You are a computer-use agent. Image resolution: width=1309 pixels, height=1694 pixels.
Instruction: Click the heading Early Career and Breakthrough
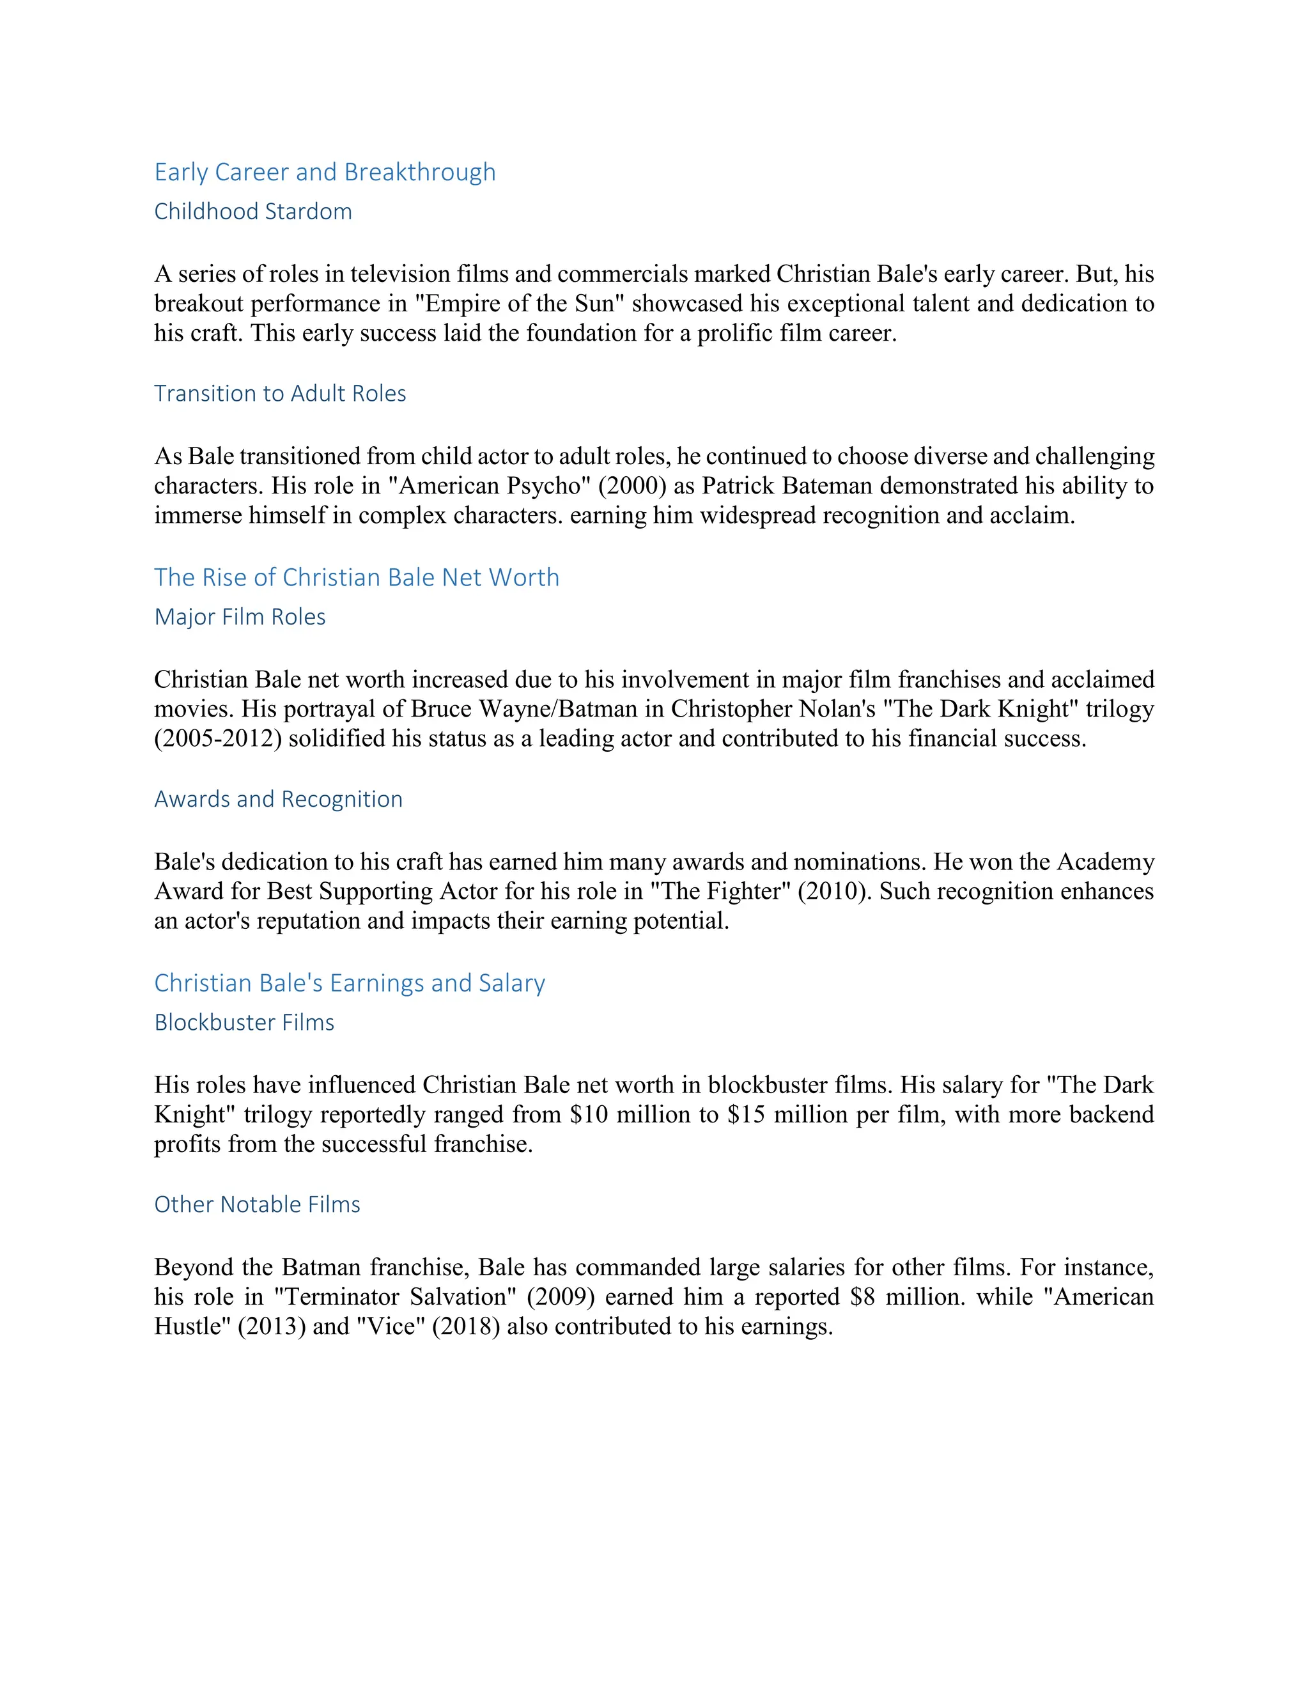pyautogui.click(x=325, y=172)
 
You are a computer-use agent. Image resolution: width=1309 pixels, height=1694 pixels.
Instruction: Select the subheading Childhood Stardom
pyautogui.click(x=253, y=212)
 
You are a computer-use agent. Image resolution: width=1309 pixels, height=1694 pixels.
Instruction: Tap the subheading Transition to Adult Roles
pyautogui.click(x=280, y=394)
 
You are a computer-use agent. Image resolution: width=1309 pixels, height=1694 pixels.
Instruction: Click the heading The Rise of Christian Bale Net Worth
pyautogui.click(x=357, y=578)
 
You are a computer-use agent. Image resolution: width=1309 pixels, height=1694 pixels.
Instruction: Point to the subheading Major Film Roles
pyautogui.click(x=240, y=618)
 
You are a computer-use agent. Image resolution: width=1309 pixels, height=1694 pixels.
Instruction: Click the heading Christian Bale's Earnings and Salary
pyautogui.click(x=350, y=984)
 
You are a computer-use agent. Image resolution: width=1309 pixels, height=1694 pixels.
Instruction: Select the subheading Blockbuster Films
pyautogui.click(x=244, y=1023)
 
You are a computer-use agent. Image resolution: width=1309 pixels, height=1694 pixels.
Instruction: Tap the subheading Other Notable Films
pyautogui.click(x=258, y=1204)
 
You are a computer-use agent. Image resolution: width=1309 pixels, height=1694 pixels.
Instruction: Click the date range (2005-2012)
pyautogui.click(x=217, y=739)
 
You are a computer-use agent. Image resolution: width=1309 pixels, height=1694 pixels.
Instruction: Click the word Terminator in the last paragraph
pyautogui.click(x=335, y=1298)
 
